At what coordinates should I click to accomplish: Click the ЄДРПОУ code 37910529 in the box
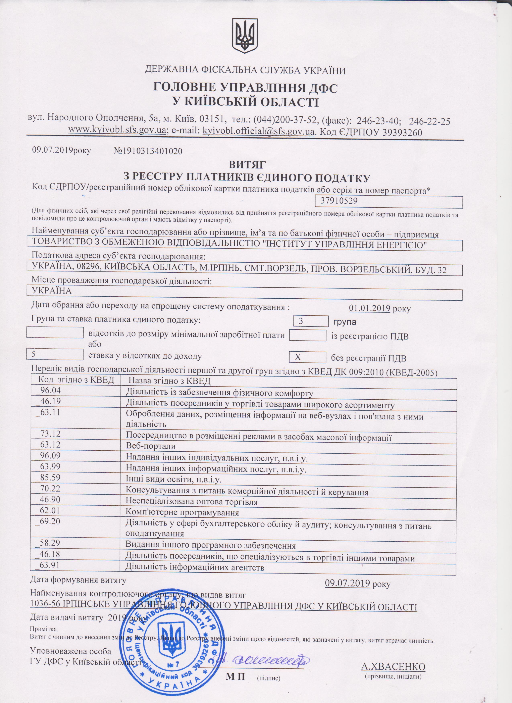coord(339,201)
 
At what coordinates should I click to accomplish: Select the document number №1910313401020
coord(148,151)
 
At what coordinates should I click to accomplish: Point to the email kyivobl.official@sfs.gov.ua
coord(258,131)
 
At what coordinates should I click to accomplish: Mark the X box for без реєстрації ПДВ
coord(307,357)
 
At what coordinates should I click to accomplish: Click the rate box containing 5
coord(55,354)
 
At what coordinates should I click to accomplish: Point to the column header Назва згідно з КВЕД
coord(169,380)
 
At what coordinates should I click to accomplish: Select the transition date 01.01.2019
coord(369,308)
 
